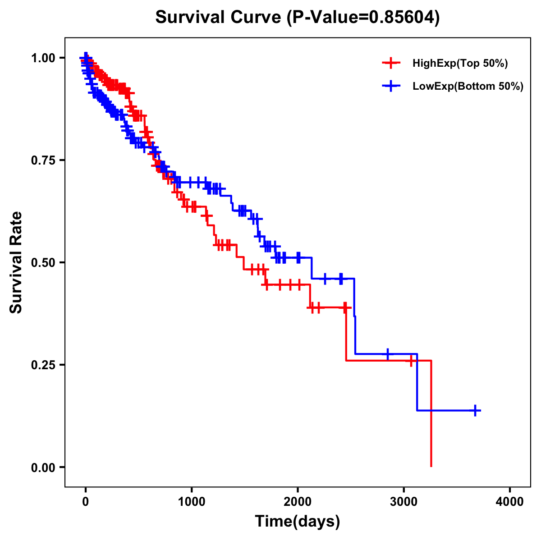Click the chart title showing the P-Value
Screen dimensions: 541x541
297,17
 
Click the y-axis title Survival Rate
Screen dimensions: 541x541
16,262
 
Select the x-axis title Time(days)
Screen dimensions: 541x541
297,522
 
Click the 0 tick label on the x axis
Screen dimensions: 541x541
86,502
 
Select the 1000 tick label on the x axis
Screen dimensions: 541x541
192,502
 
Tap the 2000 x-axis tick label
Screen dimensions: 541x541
298,502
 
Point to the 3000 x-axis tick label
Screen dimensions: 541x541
404,502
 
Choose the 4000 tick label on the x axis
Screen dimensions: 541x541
510,502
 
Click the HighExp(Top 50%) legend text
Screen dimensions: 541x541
460,64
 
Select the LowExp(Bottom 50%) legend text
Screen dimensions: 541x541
468,86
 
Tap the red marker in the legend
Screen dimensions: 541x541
391,64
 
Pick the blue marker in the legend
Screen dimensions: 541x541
391,86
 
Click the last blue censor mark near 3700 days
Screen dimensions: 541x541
475,410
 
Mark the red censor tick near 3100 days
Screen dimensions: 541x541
411,361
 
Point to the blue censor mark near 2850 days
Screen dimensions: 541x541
387,354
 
